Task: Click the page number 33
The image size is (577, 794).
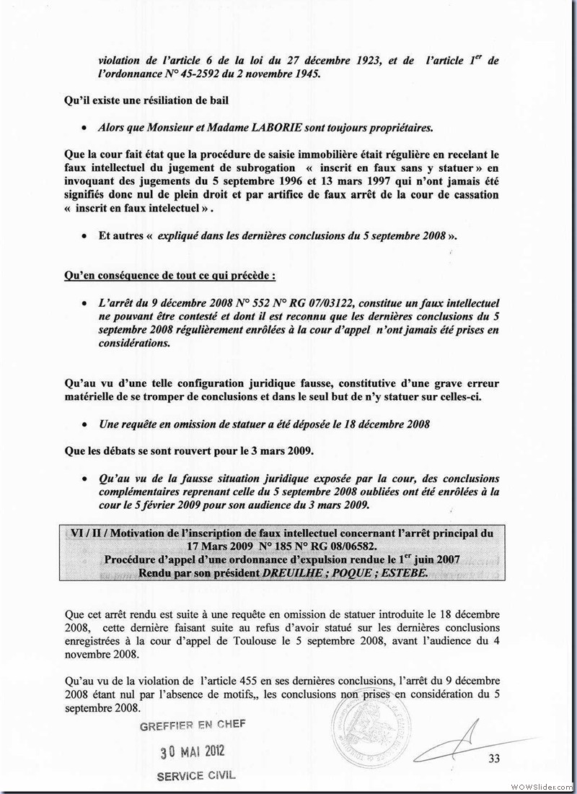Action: click(494, 757)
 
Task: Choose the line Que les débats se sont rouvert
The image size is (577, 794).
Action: click(188, 452)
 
